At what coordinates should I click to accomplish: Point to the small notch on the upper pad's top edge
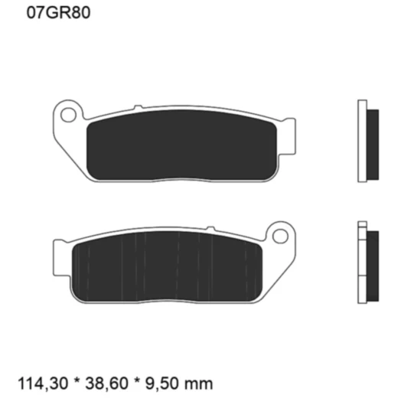tap(136, 106)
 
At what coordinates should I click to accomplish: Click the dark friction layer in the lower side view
tap(373, 263)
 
